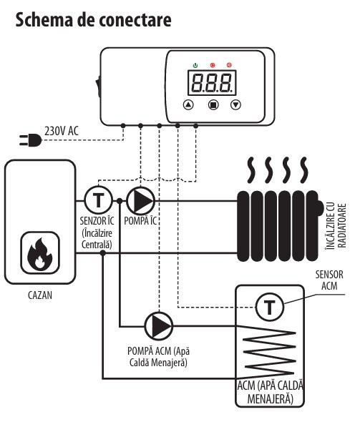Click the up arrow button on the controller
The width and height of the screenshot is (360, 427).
[188, 104]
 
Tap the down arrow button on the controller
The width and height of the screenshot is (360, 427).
[235, 104]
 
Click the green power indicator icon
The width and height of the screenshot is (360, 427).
[195, 65]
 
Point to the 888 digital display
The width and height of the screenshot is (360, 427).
[212, 83]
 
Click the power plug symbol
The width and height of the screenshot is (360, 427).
[30, 140]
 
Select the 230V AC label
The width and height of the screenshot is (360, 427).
[62, 131]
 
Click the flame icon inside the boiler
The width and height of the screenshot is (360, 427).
[40, 254]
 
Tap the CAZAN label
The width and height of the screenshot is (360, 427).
[40, 295]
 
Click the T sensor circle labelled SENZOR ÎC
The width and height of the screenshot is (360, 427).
[98, 200]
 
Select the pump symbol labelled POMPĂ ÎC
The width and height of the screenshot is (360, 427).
[140, 201]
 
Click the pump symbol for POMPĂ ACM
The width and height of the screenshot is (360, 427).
[159, 325]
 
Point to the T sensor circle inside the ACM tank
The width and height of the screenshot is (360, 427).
[270, 307]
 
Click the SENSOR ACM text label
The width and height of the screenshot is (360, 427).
[329, 280]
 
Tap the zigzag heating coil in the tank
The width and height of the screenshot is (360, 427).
[268, 352]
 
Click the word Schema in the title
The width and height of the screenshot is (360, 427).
[44, 20]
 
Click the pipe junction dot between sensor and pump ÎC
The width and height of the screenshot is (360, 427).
[120, 201]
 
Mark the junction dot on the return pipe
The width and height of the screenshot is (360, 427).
[103, 253]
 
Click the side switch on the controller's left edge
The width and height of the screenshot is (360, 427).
[97, 87]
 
